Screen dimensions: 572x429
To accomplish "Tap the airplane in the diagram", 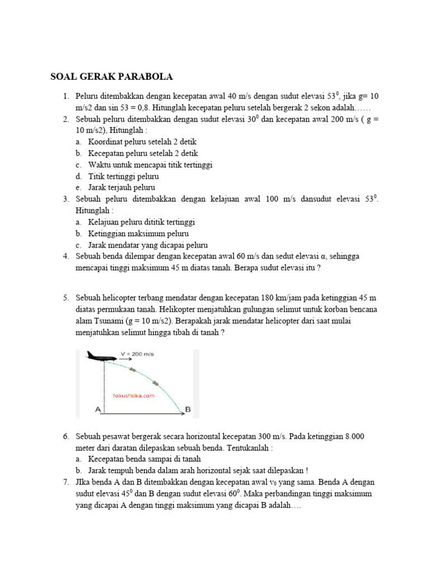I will pyautogui.click(x=100, y=356).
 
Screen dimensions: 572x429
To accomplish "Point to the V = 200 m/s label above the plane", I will pyautogui.click(x=137, y=354).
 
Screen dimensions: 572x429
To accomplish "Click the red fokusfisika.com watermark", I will pyautogui.click(x=133, y=395).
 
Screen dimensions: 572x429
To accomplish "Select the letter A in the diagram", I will pyautogui.click(x=98, y=409).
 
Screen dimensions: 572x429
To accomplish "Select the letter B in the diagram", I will pyautogui.click(x=188, y=409).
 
